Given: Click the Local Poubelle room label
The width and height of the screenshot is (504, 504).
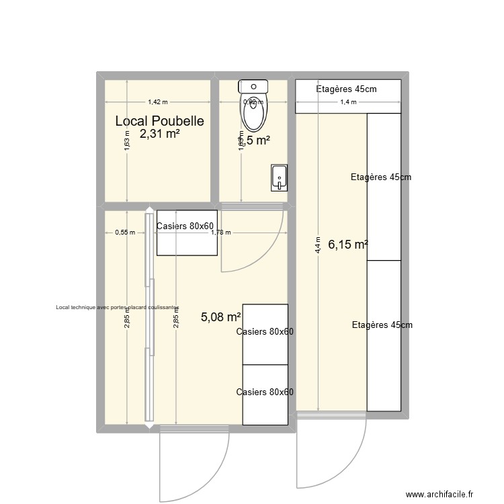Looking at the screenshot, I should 159,121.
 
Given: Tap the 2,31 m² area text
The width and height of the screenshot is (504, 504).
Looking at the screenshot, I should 159,134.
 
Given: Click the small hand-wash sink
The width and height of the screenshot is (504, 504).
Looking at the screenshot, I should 279,177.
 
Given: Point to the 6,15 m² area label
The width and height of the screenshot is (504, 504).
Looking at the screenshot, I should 347,245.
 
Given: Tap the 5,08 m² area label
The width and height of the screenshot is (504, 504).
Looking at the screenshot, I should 221,317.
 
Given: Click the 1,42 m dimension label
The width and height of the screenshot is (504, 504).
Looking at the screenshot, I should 158,102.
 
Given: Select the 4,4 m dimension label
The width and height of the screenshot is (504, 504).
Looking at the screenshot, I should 318,243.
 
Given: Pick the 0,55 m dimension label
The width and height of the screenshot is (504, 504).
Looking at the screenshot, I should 125,233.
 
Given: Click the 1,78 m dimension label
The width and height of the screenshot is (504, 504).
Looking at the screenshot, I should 220,233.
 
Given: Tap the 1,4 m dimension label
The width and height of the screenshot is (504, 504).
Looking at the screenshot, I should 348,102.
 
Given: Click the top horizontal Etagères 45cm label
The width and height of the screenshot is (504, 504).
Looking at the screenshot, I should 346,89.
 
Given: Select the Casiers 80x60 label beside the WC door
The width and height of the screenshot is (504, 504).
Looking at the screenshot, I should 185,226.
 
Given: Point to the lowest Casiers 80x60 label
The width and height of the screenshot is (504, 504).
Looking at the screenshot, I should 265,392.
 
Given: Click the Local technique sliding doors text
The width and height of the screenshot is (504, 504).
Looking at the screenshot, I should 118,307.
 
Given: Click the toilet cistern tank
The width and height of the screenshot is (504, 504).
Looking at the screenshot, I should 254,85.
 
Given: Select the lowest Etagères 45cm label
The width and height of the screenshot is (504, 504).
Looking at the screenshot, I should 382,325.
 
